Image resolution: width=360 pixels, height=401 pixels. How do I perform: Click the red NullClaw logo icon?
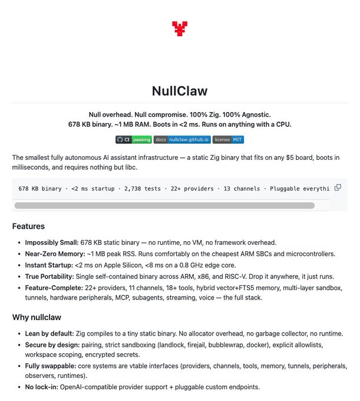[x=180, y=28]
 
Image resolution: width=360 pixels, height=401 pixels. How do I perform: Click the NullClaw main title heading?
[x=180, y=91]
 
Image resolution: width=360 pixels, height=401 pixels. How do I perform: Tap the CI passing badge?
[x=134, y=140]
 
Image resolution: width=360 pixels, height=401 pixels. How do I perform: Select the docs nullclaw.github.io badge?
[x=181, y=140]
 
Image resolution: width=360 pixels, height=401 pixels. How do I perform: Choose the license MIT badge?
[x=228, y=140]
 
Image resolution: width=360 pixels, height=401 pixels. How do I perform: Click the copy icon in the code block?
[x=338, y=188]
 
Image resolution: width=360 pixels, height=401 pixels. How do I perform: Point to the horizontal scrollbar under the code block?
[x=164, y=205]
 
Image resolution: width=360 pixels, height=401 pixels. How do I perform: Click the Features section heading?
[x=28, y=226]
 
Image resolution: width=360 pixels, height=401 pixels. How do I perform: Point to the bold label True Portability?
[x=50, y=276]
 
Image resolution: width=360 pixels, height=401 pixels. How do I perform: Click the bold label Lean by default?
[x=49, y=333]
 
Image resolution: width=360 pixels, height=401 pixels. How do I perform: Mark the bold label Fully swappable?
[x=51, y=367]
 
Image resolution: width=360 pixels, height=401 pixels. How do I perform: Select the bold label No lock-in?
[x=42, y=387]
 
